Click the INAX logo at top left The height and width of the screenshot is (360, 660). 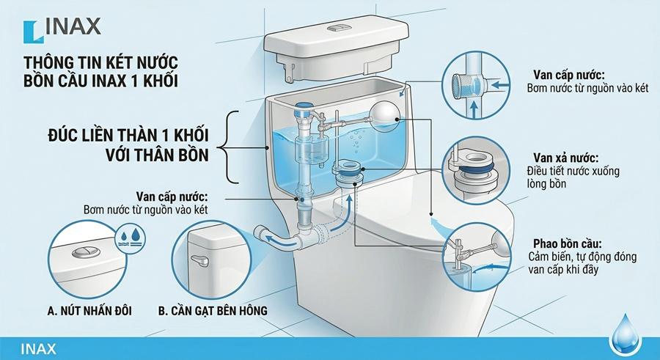tap(62, 30)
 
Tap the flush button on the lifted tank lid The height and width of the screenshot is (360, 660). tap(339, 28)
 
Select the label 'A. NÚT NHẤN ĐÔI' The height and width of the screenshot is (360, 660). tap(89, 311)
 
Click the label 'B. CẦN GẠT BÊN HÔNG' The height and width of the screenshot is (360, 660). tap(213, 311)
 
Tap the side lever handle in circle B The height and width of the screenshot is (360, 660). tap(199, 260)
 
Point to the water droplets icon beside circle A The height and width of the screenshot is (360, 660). tap(130, 238)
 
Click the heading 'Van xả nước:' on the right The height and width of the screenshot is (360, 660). tap(565, 158)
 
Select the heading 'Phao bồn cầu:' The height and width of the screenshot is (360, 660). tap(568, 243)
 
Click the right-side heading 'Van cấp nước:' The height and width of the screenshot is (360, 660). tap(568, 75)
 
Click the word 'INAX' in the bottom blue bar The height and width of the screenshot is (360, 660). tap(38, 349)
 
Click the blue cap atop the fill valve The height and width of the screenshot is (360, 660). tap(303, 109)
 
